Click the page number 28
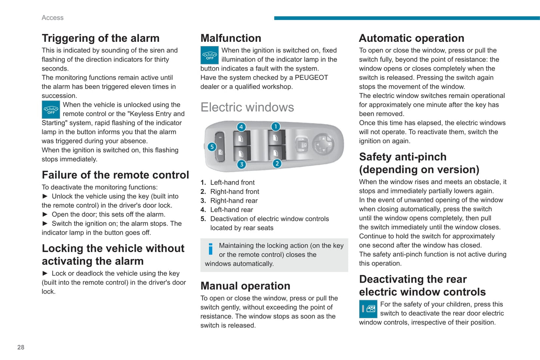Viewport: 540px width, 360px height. pos(21,347)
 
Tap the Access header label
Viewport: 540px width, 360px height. pos(53,18)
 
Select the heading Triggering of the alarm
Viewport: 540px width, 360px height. pos(101,38)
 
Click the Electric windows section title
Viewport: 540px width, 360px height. pos(247,107)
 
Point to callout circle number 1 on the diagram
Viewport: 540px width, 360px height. pos(275,127)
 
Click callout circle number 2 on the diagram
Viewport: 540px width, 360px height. pos(277,164)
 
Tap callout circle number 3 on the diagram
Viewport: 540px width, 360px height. pos(242,164)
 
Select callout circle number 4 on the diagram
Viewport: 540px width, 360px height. pos(241,127)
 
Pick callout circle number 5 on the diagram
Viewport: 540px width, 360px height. pos(212,147)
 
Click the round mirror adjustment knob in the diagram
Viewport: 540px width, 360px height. pos(323,143)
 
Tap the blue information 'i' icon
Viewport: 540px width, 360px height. pos(210,249)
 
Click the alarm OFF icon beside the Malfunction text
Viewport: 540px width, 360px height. pos(210,55)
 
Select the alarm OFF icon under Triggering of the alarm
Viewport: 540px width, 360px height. pos(51,110)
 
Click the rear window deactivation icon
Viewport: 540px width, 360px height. pos(368,309)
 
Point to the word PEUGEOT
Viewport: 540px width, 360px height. pos(311,78)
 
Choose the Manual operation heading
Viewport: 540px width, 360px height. pos(245,286)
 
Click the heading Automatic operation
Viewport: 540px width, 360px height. pos(411,38)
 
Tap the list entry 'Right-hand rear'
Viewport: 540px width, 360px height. pos(234,201)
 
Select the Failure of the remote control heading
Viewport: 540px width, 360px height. pos(115,175)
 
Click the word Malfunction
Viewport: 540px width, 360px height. pos(231,38)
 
